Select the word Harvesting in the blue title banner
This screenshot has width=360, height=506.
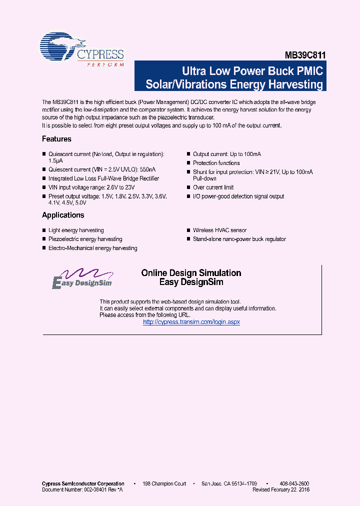pos(296,84)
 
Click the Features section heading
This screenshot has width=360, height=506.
pos(56,139)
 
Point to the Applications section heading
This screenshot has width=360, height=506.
pos(63,215)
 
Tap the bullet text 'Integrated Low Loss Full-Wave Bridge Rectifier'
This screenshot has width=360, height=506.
pos(103,178)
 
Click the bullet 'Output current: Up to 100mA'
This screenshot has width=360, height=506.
pos(227,154)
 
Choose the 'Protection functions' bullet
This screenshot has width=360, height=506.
pos(216,163)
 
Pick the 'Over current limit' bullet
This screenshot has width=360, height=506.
pos(213,187)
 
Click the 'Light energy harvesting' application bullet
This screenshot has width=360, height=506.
pos(76,230)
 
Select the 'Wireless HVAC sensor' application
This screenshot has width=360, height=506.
pos(219,230)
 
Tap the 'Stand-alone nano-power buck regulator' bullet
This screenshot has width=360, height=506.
pos(239,239)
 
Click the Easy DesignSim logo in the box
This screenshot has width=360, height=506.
pos(82,278)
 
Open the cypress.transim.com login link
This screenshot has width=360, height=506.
pos(191,322)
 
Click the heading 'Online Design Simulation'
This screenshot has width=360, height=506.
pos(191,273)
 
